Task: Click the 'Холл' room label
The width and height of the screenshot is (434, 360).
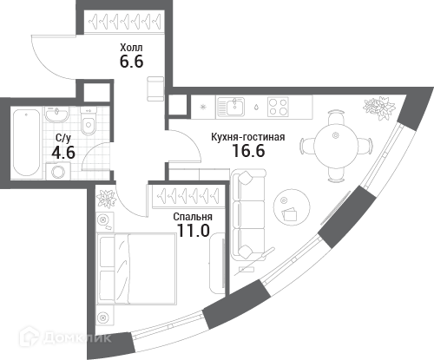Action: [131, 47]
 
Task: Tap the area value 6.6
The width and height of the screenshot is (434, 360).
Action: [132, 62]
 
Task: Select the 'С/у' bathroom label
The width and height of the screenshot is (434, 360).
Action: [63, 138]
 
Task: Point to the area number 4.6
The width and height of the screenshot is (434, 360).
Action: [63, 153]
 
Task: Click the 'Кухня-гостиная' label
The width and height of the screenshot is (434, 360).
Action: [248, 137]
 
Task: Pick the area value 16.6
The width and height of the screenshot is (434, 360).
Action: [249, 151]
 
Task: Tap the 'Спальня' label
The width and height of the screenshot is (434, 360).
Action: [193, 217]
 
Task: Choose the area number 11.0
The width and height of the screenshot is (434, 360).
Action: [194, 231]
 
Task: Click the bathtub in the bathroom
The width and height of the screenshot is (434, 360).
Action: [26, 142]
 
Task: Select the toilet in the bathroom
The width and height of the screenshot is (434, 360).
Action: [88, 121]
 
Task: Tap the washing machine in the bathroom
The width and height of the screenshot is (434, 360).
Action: [58, 171]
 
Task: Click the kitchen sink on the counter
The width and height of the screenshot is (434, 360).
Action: [231, 107]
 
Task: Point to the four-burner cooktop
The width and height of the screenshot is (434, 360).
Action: [278, 107]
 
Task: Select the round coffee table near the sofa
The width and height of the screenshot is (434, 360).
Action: [292, 207]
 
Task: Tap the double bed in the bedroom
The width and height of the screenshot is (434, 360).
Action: [137, 269]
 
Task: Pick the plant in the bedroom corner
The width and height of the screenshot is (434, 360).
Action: [106, 199]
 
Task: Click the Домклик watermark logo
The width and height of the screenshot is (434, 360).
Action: [64, 337]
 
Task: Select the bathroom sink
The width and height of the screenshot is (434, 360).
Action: [56, 114]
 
